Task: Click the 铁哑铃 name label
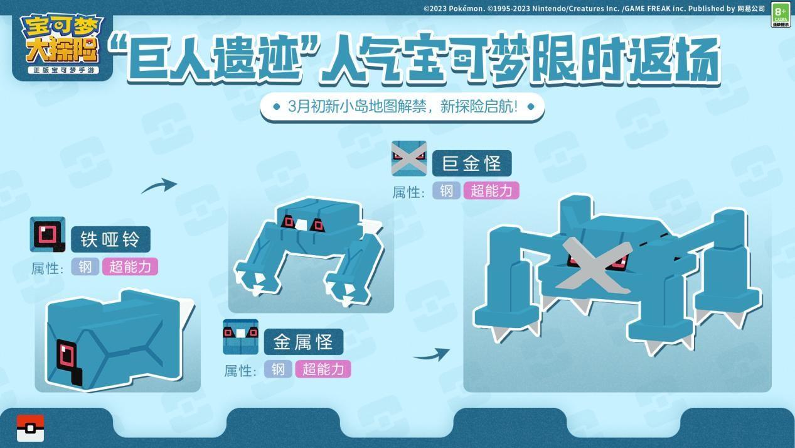[x=110, y=239]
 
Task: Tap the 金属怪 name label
[x=304, y=342]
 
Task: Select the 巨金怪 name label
[x=472, y=163]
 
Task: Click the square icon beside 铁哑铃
[x=48, y=234]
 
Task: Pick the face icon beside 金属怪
[x=240, y=337]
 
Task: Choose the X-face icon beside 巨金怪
[x=409, y=158]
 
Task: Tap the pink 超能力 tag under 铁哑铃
[x=130, y=267]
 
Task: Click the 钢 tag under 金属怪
[x=278, y=369]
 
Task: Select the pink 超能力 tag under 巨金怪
[x=491, y=190]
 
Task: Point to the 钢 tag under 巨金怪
[x=446, y=190]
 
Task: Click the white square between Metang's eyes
[x=301, y=224]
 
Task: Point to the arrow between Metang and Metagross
[x=432, y=354]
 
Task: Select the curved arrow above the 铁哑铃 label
[x=159, y=185]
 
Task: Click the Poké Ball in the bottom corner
[x=31, y=428]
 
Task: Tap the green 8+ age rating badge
[x=781, y=14]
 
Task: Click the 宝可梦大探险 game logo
[x=63, y=45]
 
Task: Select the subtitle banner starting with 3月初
[x=402, y=107]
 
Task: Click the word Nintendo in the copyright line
[x=549, y=9]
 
